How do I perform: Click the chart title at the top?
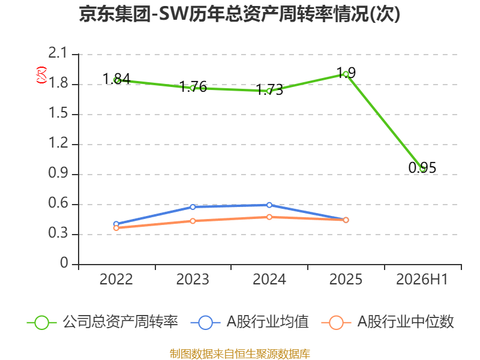click(x=239, y=14)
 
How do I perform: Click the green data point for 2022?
click(x=116, y=80)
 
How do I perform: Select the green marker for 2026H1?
click(x=423, y=169)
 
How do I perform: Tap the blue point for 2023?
click(x=193, y=207)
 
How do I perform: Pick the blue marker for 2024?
click(x=269, y=205)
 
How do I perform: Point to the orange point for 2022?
click(x=116, y=228)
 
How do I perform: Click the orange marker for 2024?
click(x=269, y=217)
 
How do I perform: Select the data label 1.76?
click(x=193, y=86)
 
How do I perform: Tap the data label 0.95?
click(x=422, y=168)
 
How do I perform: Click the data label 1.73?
click(x=269, y=89)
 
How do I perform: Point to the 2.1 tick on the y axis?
click(x=58, y=53)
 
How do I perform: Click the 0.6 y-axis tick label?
click(x=58, y=203)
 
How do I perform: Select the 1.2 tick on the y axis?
click(x=58, y=143)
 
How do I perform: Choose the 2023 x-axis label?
click(x=193, y=280)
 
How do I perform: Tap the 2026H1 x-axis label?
click(x=422, y=280)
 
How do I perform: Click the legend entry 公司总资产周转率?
click(x=103, y=322)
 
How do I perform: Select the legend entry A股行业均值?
click(x=250, y=322)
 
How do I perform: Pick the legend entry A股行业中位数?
click(x=388, y=322)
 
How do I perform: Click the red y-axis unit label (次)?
click(x=41, y=75)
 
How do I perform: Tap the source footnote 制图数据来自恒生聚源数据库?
click(x=240, y=354)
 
